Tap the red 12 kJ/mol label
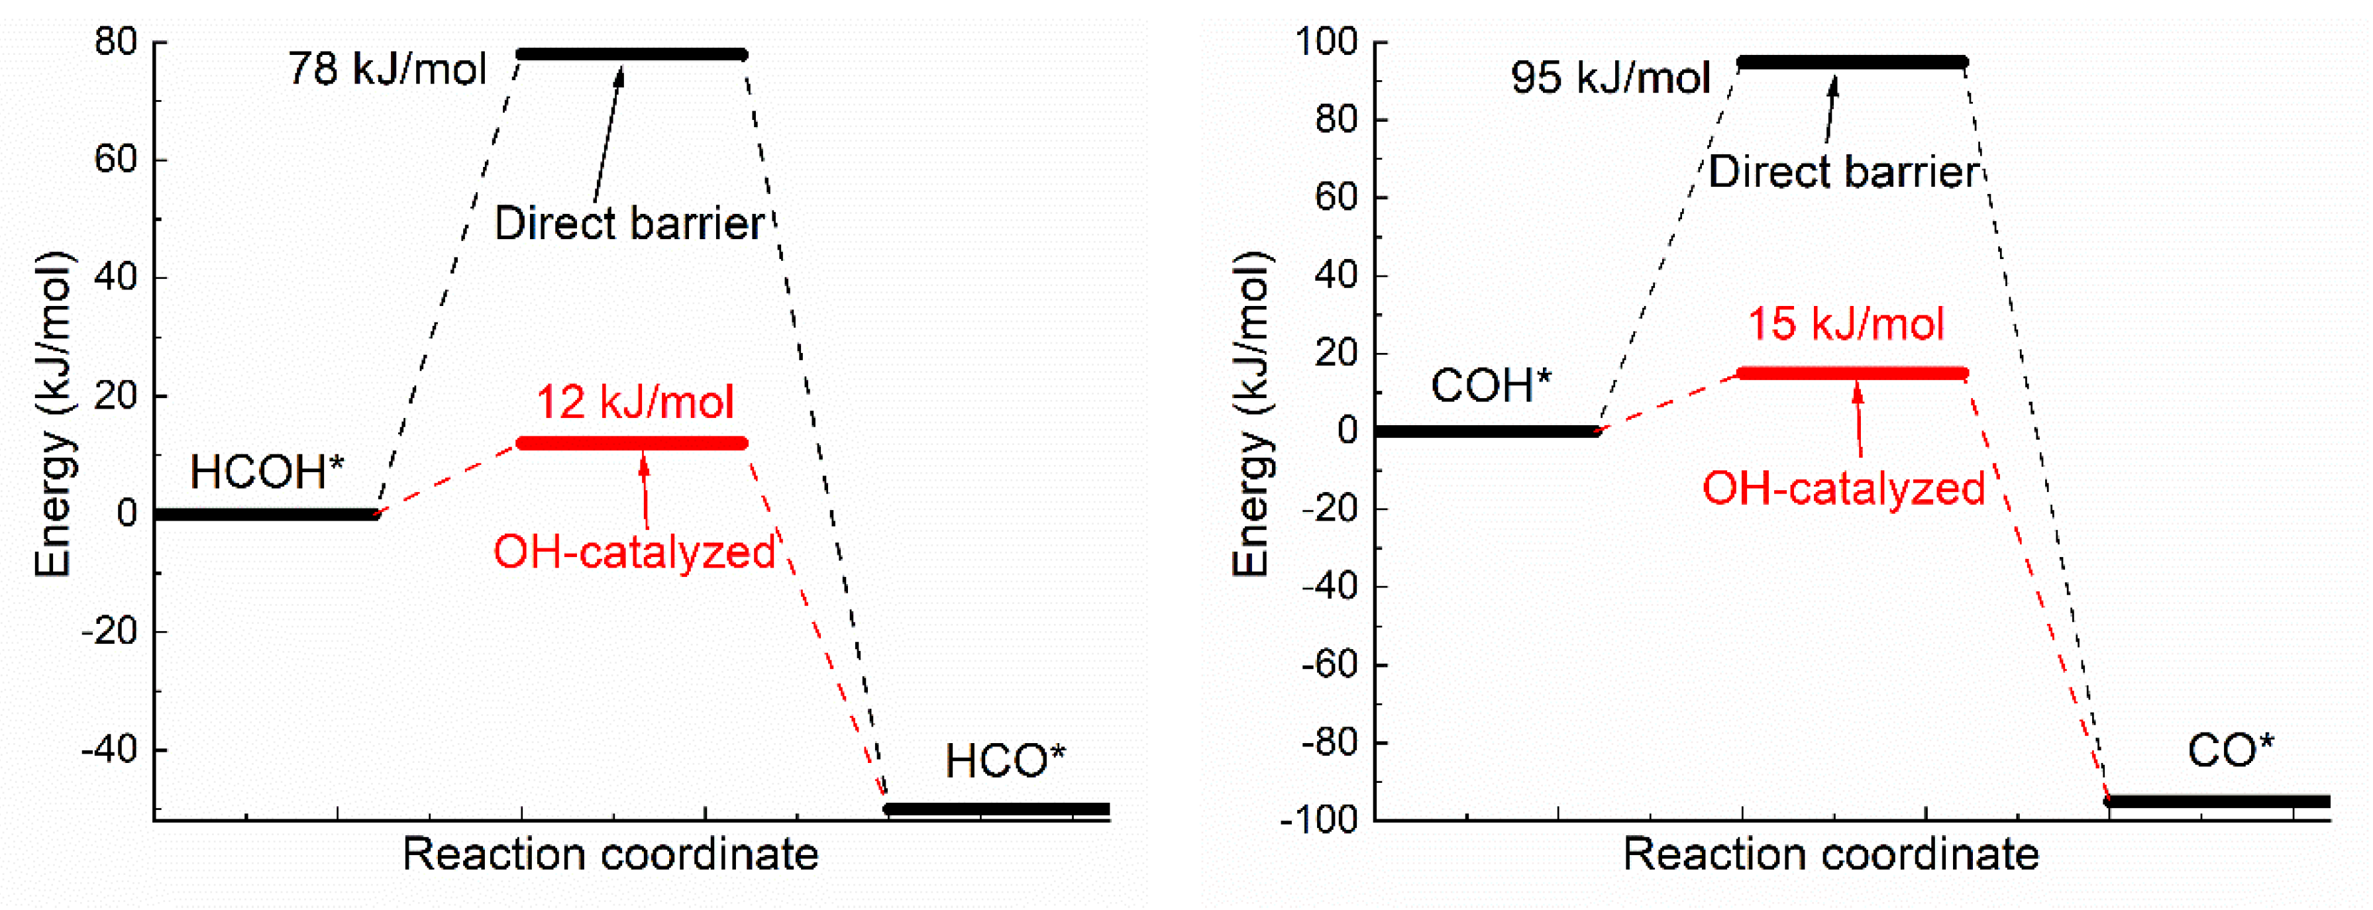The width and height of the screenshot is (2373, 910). pyautogui.click(x=635, y=403)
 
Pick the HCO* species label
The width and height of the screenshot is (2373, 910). pyautogui.click(x=1004, y=762)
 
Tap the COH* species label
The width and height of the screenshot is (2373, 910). pyautogui.click(x=1489, y=386)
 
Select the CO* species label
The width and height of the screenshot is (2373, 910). pyautogui.click(x=2229, y=752)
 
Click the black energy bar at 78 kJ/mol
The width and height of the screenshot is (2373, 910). pyautogui.click(x=632, y=54)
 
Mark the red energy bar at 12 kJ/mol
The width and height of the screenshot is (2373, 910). pyautogui.click(x=632, y=444)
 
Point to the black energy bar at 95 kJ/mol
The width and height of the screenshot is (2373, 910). pyautogui.click(x=1852, y=63)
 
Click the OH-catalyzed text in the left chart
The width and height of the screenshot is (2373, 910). pyautogui.click(x=635, y=552)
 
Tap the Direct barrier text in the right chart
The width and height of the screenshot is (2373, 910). pyautogui.click(x=1843, y=173)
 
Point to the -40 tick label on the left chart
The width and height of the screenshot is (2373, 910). pyautogui.click(x=109, y=750)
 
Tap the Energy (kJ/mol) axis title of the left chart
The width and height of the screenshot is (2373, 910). pyautogui.click(x=54, y=415)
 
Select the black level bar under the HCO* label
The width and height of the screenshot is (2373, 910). pyautogui.click(x=997, y=809)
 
